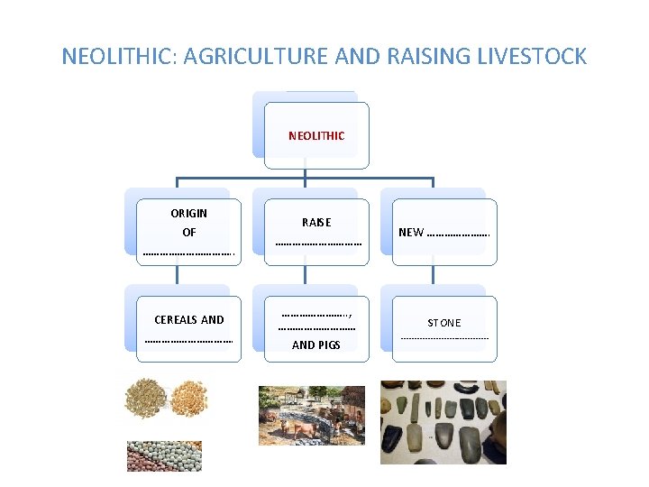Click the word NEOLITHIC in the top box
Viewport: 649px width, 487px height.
tap(316, 136)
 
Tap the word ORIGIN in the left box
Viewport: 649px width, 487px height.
tap(188, 214)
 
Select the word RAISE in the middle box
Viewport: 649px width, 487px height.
tap(316, 222)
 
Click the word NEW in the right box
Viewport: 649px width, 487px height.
tap(411, 232)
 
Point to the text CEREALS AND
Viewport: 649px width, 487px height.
tap(189, 320)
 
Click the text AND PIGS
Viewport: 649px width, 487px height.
tap(316, 345)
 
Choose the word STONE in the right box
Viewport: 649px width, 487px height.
tap(443, 323)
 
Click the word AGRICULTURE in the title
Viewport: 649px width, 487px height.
tap(271, 57)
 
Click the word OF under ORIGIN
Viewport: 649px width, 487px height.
tap(188, 233)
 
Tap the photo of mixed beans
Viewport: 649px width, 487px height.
tap(164, 455)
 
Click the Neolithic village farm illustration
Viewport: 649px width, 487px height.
tap(311, 415)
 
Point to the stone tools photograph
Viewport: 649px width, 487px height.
tap(443, 421)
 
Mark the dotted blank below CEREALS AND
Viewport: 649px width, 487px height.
tap(188, 341)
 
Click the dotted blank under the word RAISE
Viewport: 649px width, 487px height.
tap(318, 243)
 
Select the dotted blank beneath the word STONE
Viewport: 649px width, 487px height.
tap(444, 338)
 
